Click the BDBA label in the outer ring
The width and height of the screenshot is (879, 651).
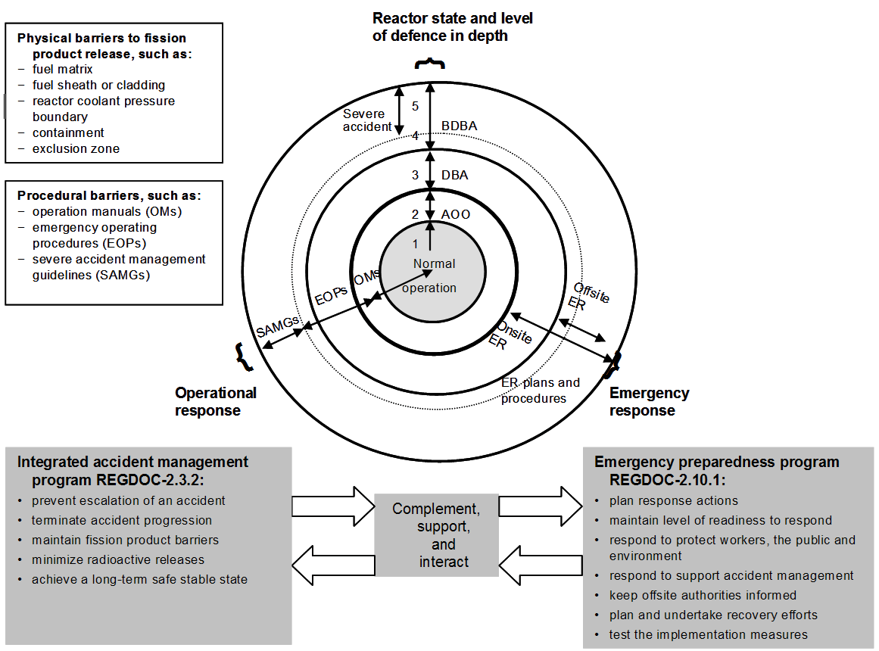(x=459, y=125)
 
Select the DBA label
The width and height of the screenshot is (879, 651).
(x=454, y=175)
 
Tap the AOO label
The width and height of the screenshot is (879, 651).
(x=455, y=214)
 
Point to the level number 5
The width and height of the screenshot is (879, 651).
(x=415, y=106)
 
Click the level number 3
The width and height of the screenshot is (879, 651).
(x=415, y=175)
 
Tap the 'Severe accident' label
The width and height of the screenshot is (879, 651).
(x=367, y=120)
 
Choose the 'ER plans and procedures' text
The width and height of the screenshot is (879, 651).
(x=539, y=391)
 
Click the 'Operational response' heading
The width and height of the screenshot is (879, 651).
(x=215, y=402)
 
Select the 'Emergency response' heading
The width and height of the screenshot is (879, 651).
(x=649, y=402)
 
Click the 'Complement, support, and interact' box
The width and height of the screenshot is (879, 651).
(x=436, y=534)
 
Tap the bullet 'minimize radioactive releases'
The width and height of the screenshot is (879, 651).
(x=118, y=560)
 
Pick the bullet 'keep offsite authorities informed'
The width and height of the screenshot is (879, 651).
(x=703, y=595)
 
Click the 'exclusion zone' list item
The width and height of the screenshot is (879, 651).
(x=76, y=149)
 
